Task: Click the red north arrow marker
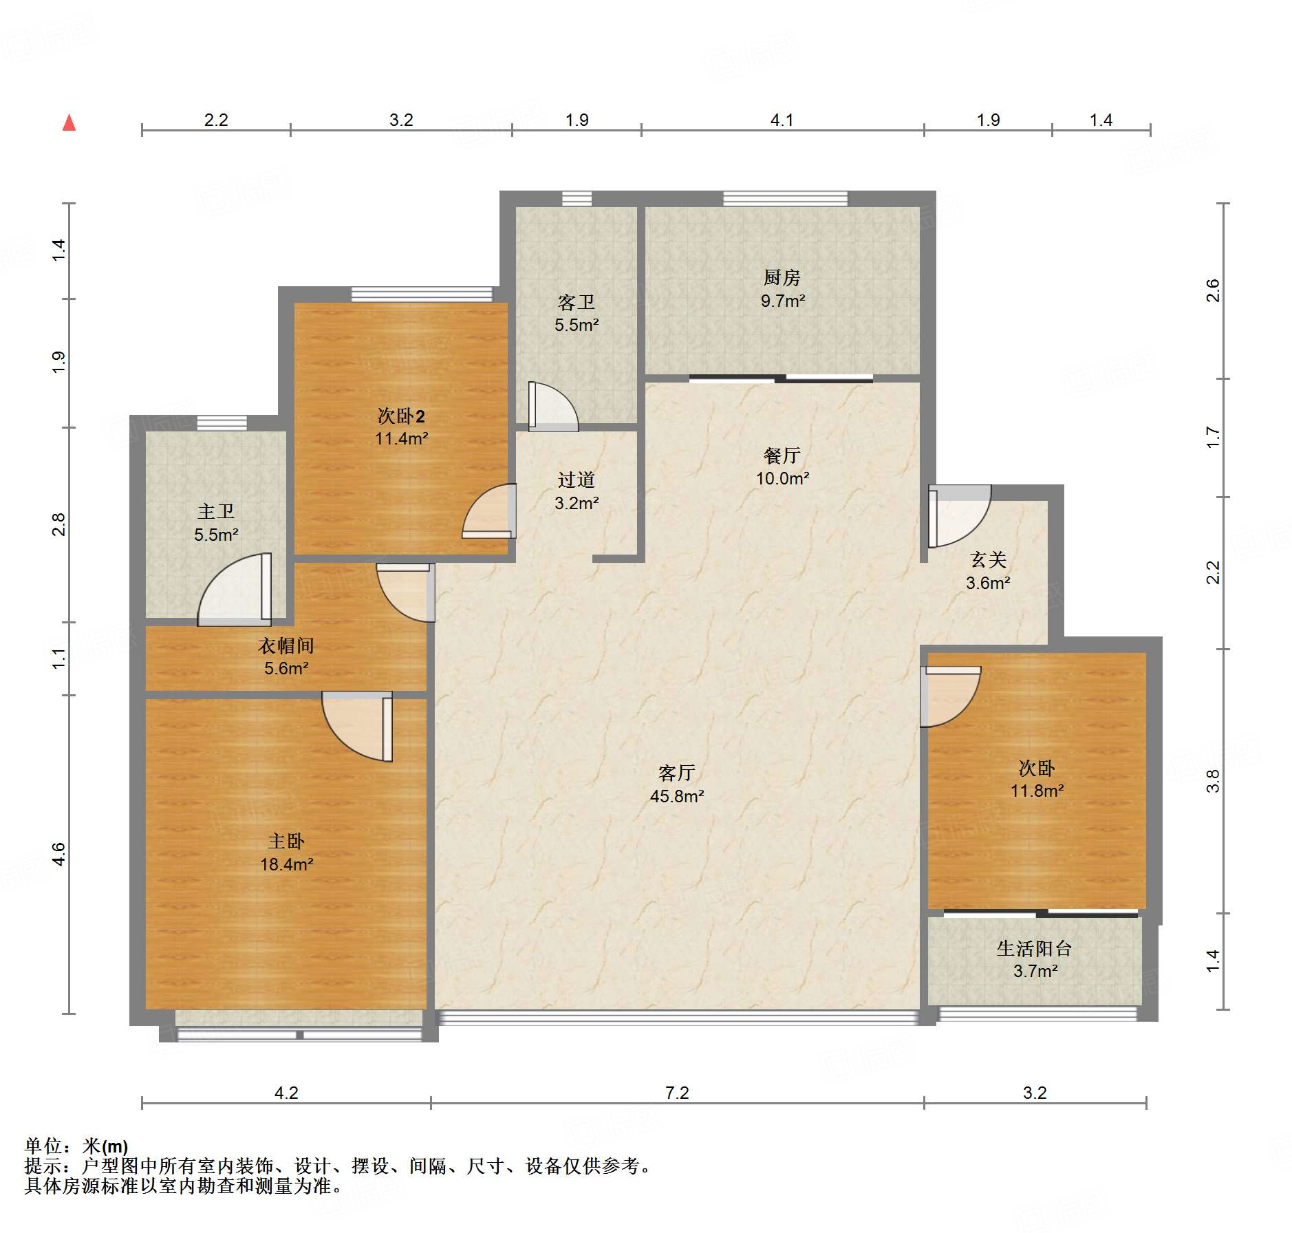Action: click(x=69, y=123)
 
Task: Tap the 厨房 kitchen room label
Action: click(x=782, y=277)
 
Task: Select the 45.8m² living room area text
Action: click(x=677, y=796)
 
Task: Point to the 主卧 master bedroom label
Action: click(x=286, y=841)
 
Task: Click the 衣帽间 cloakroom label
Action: click(x=286, y=645)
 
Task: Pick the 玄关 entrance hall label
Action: click(x=988, y=560)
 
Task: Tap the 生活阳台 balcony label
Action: click(x=1035, y=949)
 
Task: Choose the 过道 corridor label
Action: click(x=577, y=480)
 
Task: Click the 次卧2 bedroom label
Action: click(x=401, y=416)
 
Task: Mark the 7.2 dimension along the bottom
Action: click(x=677, y=1093)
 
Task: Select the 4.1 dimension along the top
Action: click(x=782, y=120)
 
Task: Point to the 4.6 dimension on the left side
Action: click(x=58, y=854)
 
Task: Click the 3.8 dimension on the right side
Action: click(x=1212, y=781)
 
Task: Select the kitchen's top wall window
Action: click(x=785, y=199)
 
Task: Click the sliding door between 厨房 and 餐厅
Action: click(x=781, y=378)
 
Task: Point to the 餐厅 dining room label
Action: click(x=782, y=455)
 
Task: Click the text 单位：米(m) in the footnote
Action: click(x=76, y=1146)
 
